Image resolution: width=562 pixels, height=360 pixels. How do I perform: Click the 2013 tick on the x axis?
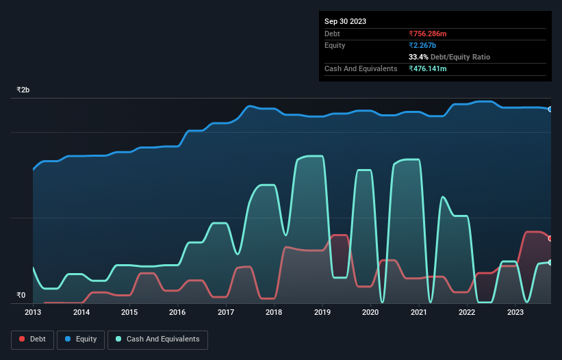click(x=33, y=312)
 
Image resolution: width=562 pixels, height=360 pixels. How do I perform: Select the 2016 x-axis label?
click(x=177, y=312)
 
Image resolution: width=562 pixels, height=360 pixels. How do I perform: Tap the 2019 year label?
click(x=322, y=312)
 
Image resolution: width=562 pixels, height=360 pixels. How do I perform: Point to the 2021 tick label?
click(x=418, y=312)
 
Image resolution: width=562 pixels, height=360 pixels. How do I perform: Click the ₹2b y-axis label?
click(x=23, y=90)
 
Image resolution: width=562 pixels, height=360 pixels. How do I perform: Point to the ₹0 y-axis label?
click(x=21, y=296)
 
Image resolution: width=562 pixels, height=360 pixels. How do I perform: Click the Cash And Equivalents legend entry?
click(x=157, y=339)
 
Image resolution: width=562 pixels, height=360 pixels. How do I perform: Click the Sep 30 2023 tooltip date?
click(x=345, y=21)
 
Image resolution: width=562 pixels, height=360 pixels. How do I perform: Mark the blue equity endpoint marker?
click(x=550, y=109)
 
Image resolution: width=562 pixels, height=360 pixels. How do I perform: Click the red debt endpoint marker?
click(x=550, y=238)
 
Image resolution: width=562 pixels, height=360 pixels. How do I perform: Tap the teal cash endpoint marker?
click(x=550, y=263)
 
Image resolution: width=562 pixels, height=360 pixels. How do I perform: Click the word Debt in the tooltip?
click(x=332, y=34)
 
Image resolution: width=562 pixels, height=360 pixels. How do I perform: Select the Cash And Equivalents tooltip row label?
click(x=361, y=68)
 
